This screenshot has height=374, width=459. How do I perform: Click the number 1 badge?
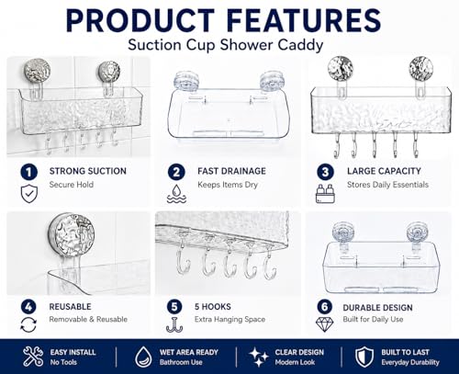pyautogui.click(x=28, y=172)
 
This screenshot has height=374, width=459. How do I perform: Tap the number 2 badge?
pyautogui.click(x=176, y=172)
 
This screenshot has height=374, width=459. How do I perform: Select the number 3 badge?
pyautogui.click(x=325, y=172)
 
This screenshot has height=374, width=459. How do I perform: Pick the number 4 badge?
pyautogui.click(x=28, y=307)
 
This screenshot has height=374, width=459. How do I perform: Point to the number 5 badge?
pyautogui.click(x=174, y=307)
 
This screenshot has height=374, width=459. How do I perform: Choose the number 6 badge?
pyautogui.click(x=325, y=307)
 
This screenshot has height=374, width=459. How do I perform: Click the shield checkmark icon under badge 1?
pyautogui.click(x=29, y=194)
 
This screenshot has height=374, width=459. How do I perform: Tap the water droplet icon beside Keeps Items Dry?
pyautogui.click(x=176, y=194)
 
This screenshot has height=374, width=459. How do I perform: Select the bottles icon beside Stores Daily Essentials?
pyautogui.click(x=325, y=194)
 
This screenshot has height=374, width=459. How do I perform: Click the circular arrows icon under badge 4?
pyautogui.click(x=28, y=324)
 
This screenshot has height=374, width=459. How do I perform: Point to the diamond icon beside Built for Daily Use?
pyautogui.click(x=325, y=324)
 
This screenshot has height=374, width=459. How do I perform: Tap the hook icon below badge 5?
pyautogui.click(x=174, y=324)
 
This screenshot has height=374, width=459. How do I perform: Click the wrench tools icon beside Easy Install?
pyautogui.click(x=33, y=357)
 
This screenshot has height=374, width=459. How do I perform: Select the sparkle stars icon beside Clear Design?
pyautogui.click(x=259, y=357)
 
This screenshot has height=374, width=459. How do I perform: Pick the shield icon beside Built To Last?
pyautogui.click(x=364, y=357)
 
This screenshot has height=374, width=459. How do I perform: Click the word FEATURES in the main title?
pyautogui.click(x=304, y=20)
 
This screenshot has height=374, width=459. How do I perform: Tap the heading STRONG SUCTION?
pyautogui.click(x=88, y=171)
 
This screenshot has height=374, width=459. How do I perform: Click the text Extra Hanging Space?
pyautogui.click(x=229, y=319)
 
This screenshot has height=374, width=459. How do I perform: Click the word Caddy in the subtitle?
pyautogui.click(x=300, y=46)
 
